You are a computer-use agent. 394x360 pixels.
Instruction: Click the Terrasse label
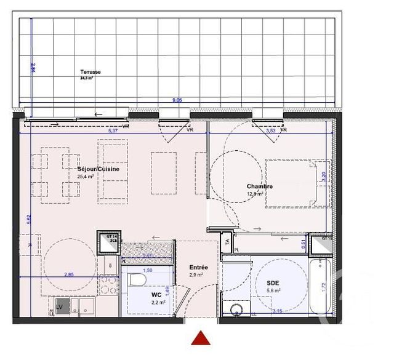pyautogui.click(x=90, y=72)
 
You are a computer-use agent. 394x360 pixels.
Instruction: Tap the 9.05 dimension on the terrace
pyautogui.click(x=177, y=100)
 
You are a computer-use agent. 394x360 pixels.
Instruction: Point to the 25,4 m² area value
pyautogui.click(x=86, y=177)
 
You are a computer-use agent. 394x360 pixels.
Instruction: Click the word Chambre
pyautogui.click(x=259, y=186)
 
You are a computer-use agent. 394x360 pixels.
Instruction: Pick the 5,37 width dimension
pyautogui.click(x=113, y=130)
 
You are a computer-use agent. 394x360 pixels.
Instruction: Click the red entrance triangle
pyautogui.click(x=201, y=338)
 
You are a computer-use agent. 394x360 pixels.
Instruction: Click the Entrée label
pyautogui.click(x=198, y=268)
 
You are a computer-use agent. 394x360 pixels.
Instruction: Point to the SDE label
pyautogui.click(x=273, y=282)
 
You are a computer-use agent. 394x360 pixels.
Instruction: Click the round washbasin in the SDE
pyautogui.click(x=235, y=310)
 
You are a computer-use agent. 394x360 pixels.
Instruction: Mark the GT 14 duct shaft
pyautogui.click(x=110, y=241)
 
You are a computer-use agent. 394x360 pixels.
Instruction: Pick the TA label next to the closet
pyautogui.click(x=227, y=242)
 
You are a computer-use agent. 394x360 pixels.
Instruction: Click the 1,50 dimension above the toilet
pyautogui.click(x=147, y=270)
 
